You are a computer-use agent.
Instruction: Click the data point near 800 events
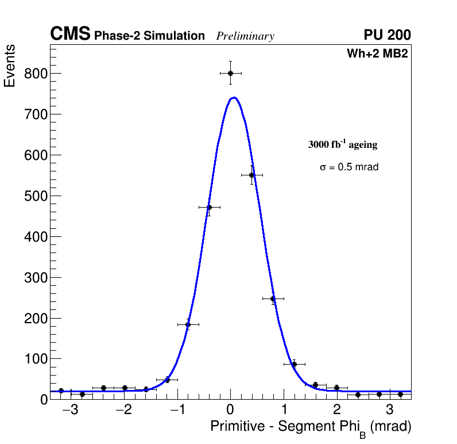(x=230, y=73)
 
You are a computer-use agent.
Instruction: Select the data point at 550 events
(x=251, y=175)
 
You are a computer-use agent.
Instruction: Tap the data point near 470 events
(x=209, y=207)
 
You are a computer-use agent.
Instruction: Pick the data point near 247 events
(x=273, y=298)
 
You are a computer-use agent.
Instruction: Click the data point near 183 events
(x=188, y=324)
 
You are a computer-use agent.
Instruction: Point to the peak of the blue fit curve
(x=234, y=98)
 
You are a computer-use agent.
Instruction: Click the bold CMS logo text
(x=70, y=35)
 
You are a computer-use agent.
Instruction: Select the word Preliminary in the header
(x=245, y=36)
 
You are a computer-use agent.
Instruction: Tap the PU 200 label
(x=387, y=35)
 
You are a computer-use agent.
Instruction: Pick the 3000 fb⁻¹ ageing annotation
(x=343, y=144)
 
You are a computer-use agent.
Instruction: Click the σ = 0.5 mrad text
(x=349, y=167)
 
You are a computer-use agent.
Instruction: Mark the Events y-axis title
(x=10, y=66)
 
